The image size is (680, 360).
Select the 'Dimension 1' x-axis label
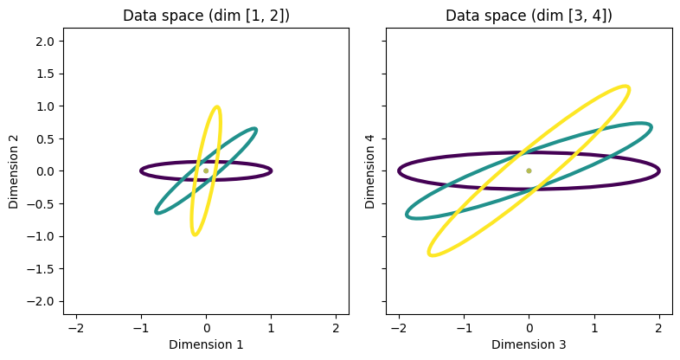click(206, 344)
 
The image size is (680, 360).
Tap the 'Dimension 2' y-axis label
click(14, 171)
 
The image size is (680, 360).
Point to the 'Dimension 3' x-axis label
click(529, 344)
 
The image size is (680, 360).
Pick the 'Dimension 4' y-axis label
click(369, 171)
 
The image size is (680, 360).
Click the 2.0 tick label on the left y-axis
click(46, 42)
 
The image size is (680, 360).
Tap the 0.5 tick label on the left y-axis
click(46, 138)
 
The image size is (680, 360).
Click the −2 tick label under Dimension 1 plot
click(76, 328)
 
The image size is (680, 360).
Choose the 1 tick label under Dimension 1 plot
click(271, 328)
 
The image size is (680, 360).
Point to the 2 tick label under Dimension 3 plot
click(658, 328)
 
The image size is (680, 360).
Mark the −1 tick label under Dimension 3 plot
click(464, 328)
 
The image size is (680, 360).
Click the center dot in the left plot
click(206, 170)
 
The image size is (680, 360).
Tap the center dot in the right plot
click(529, 170)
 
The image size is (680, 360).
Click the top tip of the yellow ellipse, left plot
click(216, 106)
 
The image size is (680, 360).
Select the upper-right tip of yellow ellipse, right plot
click(627, 87)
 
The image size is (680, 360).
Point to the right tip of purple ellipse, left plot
click(272, 170)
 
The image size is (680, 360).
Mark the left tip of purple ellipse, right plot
click(399, 170)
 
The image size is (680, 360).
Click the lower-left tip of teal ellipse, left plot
click(157, 212)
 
